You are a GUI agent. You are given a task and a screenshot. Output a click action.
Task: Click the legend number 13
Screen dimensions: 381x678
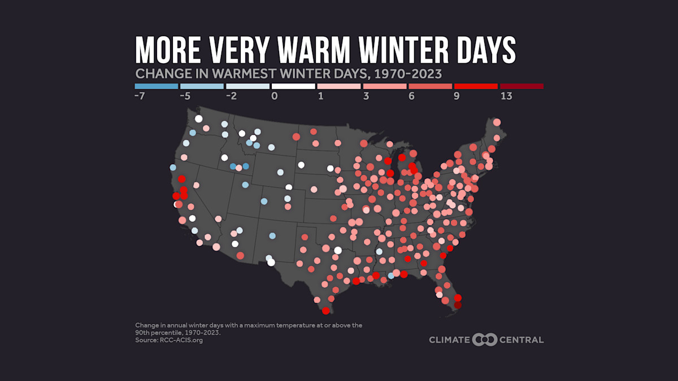(x=506, y=97)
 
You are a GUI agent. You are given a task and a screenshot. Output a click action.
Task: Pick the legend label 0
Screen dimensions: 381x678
(x=275, y=97)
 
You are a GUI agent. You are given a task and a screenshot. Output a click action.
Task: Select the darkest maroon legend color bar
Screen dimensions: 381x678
(x=521, y=86)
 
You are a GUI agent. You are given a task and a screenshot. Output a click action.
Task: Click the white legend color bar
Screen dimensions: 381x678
(x=293, y=86)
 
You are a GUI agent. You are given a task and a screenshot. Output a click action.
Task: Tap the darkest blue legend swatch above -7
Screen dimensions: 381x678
(x=157, y=86)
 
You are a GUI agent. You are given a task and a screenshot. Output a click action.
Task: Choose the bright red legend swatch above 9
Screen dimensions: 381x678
(x=476, y=86)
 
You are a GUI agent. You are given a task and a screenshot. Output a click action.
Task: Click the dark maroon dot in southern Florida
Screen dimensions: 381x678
(x=458, y=305)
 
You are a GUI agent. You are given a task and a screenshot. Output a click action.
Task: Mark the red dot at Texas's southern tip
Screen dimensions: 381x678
(x=326, y=310)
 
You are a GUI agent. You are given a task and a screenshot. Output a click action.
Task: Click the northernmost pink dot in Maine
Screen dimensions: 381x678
(x=497, y=122)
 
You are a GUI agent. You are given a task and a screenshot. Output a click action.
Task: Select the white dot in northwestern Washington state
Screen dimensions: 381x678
(x=198, y=119)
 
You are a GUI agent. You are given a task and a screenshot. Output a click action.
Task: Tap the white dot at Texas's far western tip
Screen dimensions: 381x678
(x=271, y=262)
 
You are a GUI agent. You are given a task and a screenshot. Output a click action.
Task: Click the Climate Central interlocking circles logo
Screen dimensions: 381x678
(x=484, y=340)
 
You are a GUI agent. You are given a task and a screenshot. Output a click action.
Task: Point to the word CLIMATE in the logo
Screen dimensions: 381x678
(x=449, y=340)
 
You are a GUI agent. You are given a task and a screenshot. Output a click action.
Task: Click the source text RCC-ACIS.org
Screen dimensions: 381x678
(x=180, y=340)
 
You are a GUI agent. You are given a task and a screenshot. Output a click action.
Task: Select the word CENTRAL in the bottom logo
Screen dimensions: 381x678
(x=521, y=340)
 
